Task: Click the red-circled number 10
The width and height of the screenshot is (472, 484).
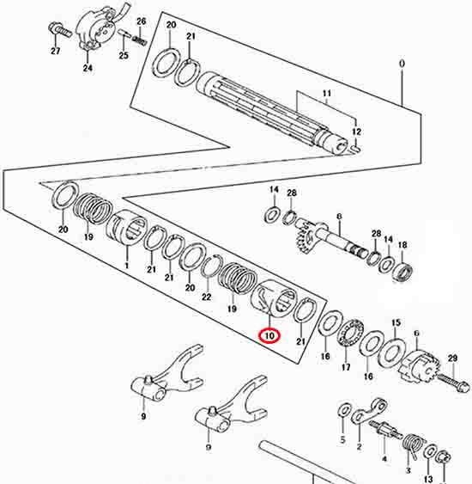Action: (269, 336)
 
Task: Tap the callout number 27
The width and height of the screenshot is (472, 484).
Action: (56, 51)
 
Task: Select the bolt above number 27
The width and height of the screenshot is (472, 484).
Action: (60, 30)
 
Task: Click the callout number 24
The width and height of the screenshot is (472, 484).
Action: (88, 68)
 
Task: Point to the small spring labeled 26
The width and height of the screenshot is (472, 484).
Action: (141, 40)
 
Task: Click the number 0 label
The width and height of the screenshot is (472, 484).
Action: (402, 64)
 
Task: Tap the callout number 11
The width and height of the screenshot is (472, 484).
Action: (327, 93)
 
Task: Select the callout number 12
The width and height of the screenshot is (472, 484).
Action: (356, 132)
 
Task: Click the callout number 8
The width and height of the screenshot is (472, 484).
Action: (339, 217)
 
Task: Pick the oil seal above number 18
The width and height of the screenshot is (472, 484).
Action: (403, 272)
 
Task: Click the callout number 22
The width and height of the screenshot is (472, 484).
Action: (206, 297)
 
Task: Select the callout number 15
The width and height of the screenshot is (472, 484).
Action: (396, 323)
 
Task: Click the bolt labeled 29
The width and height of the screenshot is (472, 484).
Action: (454, 383)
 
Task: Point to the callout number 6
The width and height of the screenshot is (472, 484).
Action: (416, 334)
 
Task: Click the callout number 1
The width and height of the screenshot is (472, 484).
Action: (126, 266)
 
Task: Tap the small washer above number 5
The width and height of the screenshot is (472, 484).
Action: (344, 410)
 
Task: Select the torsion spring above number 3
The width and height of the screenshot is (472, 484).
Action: (411, 446)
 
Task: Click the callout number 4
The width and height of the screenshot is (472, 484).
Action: (384, 459)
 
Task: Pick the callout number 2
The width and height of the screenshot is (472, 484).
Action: (359, 447)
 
